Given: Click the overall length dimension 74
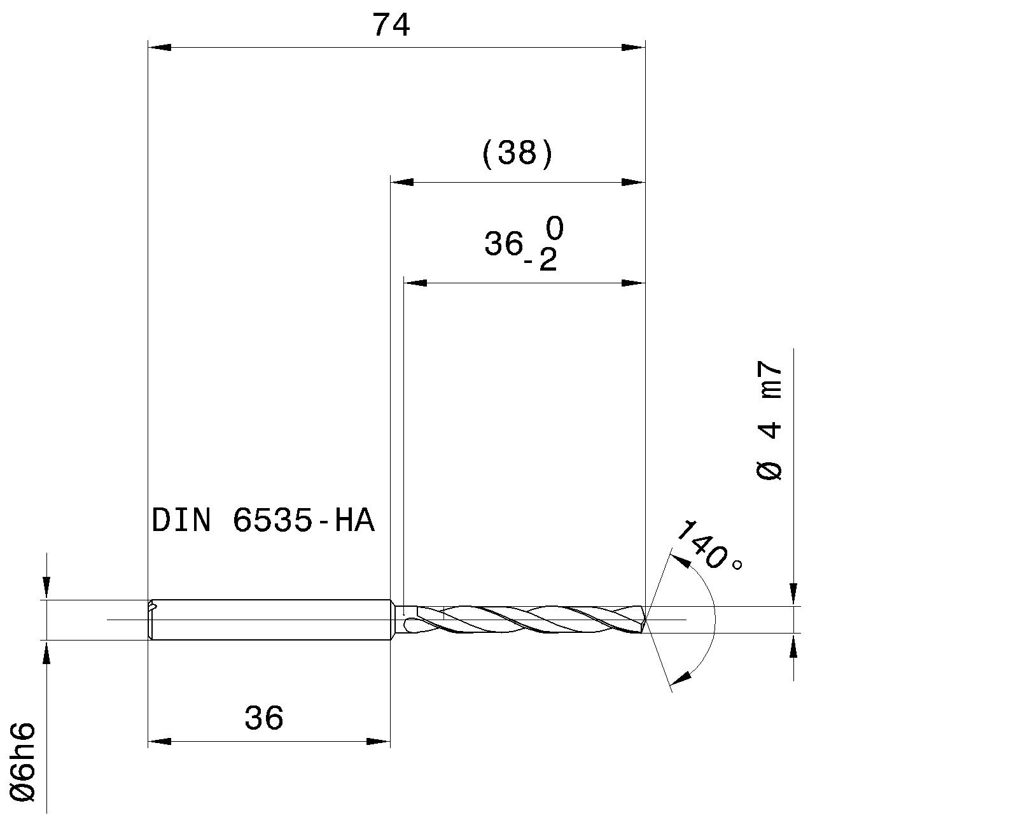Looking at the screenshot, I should [x=391, y=26].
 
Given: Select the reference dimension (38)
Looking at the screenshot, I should [x=517, y=154].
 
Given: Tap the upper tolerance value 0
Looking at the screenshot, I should [x=554, y=228].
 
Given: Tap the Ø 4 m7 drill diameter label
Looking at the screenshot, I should [x=770, y=421].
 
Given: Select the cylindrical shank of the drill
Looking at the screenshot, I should [x=270, y=620].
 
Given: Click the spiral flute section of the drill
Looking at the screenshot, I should [x=522, y=620].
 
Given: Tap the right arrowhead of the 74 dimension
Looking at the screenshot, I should [x=634, y=47].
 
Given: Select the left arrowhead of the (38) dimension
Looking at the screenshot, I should [x=401, y=182].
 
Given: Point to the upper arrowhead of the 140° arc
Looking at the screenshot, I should [x=681, y=560].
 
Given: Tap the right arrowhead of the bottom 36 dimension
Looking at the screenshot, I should [x=379, y=742].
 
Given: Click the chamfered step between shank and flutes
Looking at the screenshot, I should [x=396, y=620].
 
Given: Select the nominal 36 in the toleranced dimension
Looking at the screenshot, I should [x=503, y=244].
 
